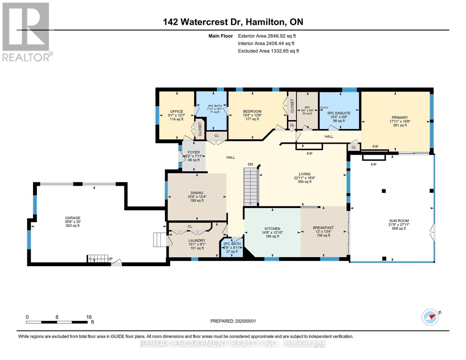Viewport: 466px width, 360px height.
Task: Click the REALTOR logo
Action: (27, 32)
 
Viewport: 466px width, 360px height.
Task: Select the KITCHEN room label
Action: (272, 229)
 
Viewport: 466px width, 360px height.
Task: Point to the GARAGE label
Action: (73, 218)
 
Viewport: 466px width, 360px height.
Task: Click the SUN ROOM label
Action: (399, 220)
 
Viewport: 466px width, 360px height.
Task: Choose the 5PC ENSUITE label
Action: (339, 113)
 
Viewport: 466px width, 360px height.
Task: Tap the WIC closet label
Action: (307, 107)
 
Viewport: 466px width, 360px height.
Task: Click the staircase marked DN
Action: (251, 187)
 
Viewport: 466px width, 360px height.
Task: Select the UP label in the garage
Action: (110, 259)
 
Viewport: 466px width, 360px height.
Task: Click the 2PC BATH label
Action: (232, 244)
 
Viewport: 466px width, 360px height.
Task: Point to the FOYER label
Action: (194, 152)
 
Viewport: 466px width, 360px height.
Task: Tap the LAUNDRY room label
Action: (197, 240)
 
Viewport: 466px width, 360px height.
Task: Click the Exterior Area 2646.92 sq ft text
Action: (267, 36)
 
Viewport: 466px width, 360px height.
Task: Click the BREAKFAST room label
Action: (323, 227)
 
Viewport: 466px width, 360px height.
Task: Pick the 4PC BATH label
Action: (215, 106)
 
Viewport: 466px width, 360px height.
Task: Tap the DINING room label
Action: (197, 193)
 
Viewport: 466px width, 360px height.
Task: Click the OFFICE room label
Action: (176, 112)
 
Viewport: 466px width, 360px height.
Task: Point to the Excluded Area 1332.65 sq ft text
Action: (268, 51)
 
